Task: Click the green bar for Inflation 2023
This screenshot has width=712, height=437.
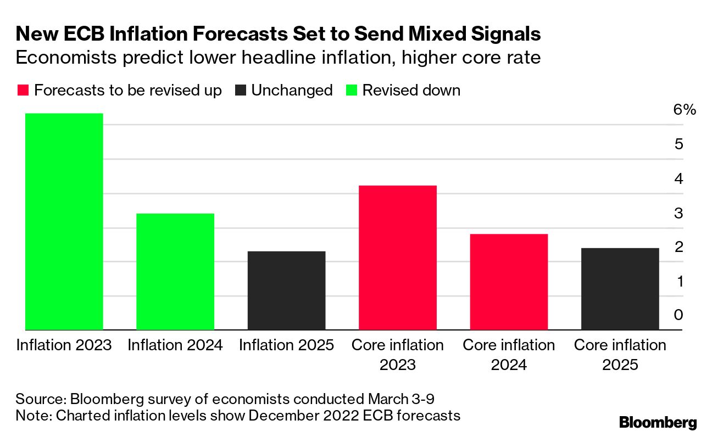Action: pyautogui.click(x=64, y=221)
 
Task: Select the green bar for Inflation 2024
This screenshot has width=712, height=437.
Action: pyautogui.click(x=175, y=271)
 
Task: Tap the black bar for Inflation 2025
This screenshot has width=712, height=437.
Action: pyautogui.click(x=286, y=290)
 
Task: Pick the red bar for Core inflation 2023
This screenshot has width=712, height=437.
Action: pyautogui.click(x=398, y=257)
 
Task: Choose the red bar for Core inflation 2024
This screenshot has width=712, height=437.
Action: pyautogui.click(x=509, y=282)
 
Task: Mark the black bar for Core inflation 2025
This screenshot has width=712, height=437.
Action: pyautogui.click(x=620, y=289)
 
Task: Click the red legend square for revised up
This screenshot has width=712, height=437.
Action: pyautogui.click(x=23, y=91)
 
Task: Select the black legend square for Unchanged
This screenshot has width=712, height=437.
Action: pyautogui.click(x=240, y=91)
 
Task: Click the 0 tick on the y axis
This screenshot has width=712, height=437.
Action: pyautogui.click(x=678, y=315)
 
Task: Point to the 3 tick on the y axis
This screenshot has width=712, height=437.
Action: pyautogui.click(x=678, y=212)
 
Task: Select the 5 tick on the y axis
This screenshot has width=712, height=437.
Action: pyautogui.click(x=678, y=144)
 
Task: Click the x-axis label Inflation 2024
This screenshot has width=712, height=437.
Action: pyautogui.click(x=175, y=345)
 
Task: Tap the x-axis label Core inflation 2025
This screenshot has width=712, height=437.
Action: pyautogui.click(x=620, y=355)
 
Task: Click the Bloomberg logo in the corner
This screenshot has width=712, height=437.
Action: pyautogui.click(x=658, y=423)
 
